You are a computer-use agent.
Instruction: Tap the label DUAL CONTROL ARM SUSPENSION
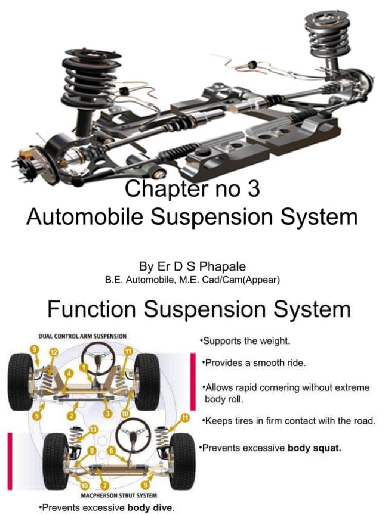(x=83, y=336)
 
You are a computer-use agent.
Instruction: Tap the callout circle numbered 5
(x=36, y=416)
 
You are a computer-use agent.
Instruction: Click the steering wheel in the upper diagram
(x=98, y=356)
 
